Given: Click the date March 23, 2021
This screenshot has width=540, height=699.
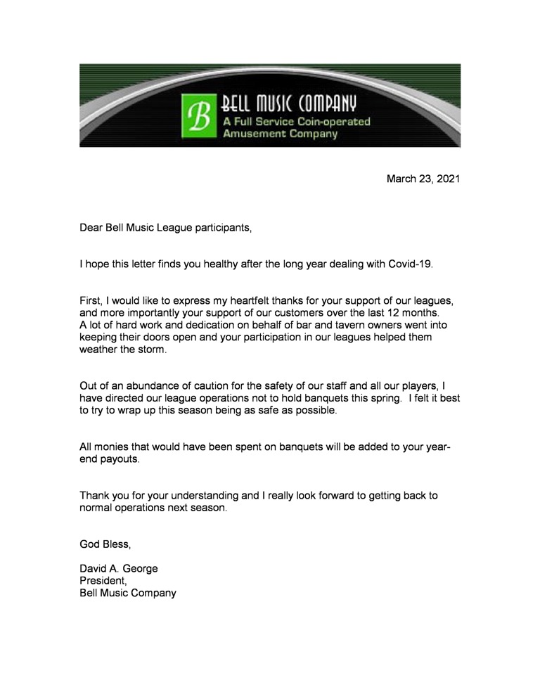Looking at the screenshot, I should pyautogui.click(x=423, y=179).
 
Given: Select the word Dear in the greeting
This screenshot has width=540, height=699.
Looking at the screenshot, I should pyautogui.click(x=91, y=228).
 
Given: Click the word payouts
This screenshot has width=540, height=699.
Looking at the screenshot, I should pyautogui.click(x=121, y=459).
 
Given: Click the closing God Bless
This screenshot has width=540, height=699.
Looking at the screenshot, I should pyautogui.click(x=105, y=544).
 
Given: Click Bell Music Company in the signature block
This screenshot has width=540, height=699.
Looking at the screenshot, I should pyautogui.click(x=128, y=593).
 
